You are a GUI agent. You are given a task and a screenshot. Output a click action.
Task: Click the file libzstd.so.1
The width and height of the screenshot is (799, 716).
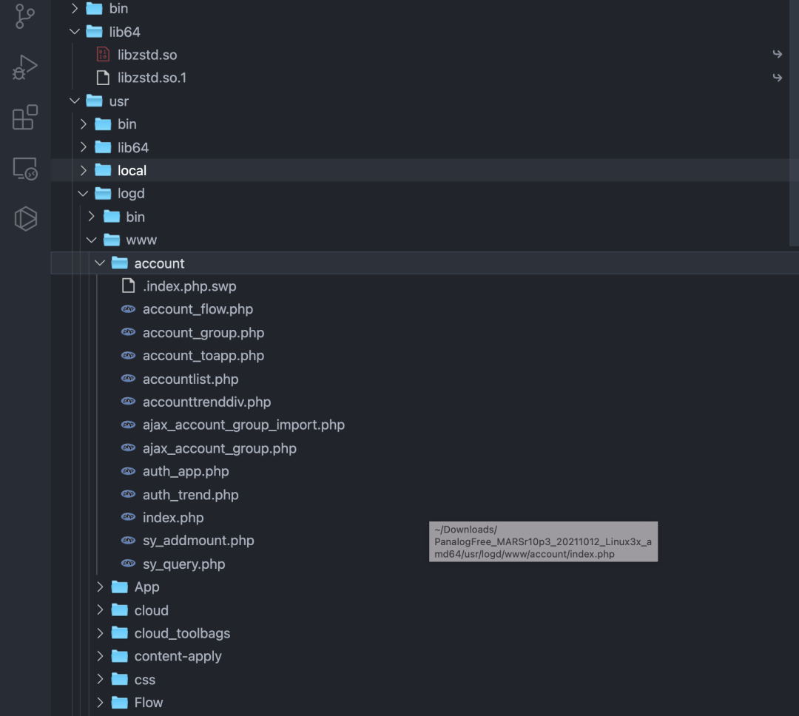tap(152, 78)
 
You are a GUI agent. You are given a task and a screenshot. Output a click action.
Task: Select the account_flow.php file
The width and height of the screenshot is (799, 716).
tap(198, 309)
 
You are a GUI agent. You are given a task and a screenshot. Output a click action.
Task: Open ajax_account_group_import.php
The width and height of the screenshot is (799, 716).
tap(243, 425)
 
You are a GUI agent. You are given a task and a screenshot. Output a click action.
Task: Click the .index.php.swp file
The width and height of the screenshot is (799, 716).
tap(189, 286)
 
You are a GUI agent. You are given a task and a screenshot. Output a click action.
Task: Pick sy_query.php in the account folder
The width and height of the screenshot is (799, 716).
tap(183, 564)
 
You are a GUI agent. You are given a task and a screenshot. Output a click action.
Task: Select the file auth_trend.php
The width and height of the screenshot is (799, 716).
tap(190, 495)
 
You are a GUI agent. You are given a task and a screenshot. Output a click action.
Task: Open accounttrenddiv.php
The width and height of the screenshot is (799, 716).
tap(206, 402)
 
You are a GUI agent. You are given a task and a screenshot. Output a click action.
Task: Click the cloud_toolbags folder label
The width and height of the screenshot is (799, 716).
tap(182, 633)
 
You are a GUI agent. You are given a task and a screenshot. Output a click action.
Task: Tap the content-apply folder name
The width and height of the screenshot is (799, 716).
tap(178, 656)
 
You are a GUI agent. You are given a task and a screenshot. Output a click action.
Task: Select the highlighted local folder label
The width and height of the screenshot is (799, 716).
tap(132, 170)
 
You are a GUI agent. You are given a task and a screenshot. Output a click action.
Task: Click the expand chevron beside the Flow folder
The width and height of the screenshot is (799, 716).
tap(101, 703)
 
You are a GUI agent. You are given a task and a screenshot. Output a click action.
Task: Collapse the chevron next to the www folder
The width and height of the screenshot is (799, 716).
tap(92, 240)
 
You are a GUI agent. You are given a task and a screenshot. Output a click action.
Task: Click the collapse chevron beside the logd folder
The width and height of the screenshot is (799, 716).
tap(83, 194)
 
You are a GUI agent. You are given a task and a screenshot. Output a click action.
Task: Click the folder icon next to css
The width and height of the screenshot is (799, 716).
tap(120, 679)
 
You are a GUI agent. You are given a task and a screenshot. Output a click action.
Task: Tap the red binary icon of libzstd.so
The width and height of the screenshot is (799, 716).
tap(104, 55)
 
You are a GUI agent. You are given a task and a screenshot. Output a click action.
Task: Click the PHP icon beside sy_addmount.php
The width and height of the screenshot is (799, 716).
tap(128, 541)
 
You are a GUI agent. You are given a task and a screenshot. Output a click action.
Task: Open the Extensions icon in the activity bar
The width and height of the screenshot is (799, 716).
tap(25, 118)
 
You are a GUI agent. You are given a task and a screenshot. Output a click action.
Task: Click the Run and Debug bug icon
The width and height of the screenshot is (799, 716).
tap(25, 67)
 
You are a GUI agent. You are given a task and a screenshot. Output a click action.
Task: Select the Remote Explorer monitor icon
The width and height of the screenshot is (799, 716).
tap(25, 169)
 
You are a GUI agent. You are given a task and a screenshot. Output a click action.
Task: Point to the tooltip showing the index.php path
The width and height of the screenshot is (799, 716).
tap(543, 541)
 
